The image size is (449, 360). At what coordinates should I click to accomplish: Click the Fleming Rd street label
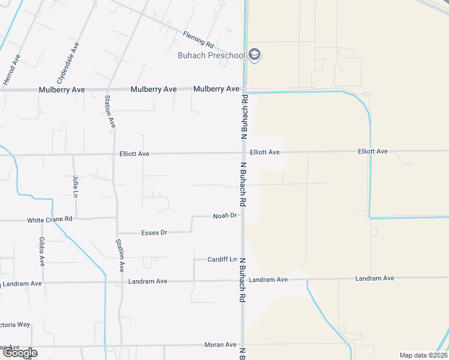pyautogui.click(x=198, y=41)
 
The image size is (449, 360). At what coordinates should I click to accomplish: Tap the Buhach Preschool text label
pyautogui.click(x=211, y=56)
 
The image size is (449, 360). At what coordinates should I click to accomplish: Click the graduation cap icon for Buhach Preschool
pyautogui.click(x=255, y=55)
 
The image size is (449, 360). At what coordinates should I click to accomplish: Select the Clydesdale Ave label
pyautogui.click(x=68, y=63)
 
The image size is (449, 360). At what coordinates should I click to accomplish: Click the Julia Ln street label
pyautogui.click(x=76, y=186)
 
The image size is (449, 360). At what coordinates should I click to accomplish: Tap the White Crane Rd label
pyautogui.click(x=50, y=220)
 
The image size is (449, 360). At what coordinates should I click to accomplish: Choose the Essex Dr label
pyautogui.click(x=154, y=232)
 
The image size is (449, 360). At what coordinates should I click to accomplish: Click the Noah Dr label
pyautogui.click(x=226, y=215)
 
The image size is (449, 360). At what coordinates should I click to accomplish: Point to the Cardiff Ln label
pyautogui.click(x=222, y=259)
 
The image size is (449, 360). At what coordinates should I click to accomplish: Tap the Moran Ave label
pyautogui.click(x=222, y=345)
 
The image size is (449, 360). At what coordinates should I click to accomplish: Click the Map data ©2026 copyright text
pyautogui.click(x=423, y=355)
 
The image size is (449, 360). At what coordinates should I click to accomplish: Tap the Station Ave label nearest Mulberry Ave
pyautogui.click(x=110, y=112)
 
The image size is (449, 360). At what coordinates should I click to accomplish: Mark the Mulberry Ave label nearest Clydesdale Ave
pyautogui.click(x=62, y=89)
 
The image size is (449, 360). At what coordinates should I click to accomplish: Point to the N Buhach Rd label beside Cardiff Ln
pyautogui.click(x=244, y=280)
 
